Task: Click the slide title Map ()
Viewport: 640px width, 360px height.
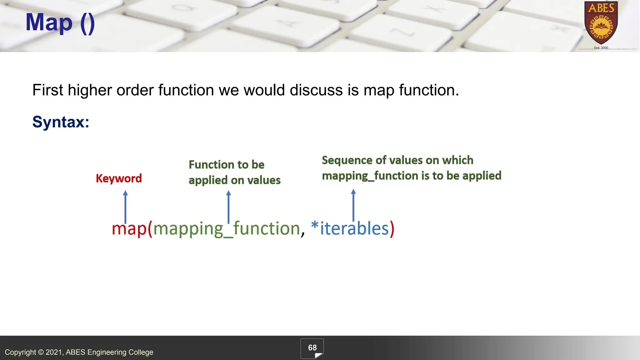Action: pyautogui.click(x=60, y=22)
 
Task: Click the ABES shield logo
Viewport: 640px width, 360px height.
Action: pyautogui.click(x=601, y=23)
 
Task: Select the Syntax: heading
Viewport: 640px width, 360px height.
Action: pyautogui.click(x=61, y=122)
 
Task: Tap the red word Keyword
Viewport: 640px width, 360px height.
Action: pyautogui.click(x=119, y=178)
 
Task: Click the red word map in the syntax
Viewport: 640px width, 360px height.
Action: pyautogui.click(x=129, y=228)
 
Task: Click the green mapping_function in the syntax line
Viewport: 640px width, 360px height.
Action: pyautogui.click(x=227, y=228)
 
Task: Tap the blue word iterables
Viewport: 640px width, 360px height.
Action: pyautogui.click(x=354, y=228)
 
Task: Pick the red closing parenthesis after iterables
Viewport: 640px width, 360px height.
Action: pyautogui.click(x=392, y=228)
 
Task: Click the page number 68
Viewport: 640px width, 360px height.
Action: pyautogui.click(x=312, y=348)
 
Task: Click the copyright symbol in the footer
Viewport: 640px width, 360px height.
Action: pyautogui.click(x=41, y=352)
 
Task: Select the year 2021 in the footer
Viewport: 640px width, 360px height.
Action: pyautogui.click(x=54, y=352)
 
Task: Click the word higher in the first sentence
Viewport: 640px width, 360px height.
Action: pyautogui.click(x=89, y=90)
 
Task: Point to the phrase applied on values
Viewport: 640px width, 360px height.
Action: pyautogui.click(x=234, y=180)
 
